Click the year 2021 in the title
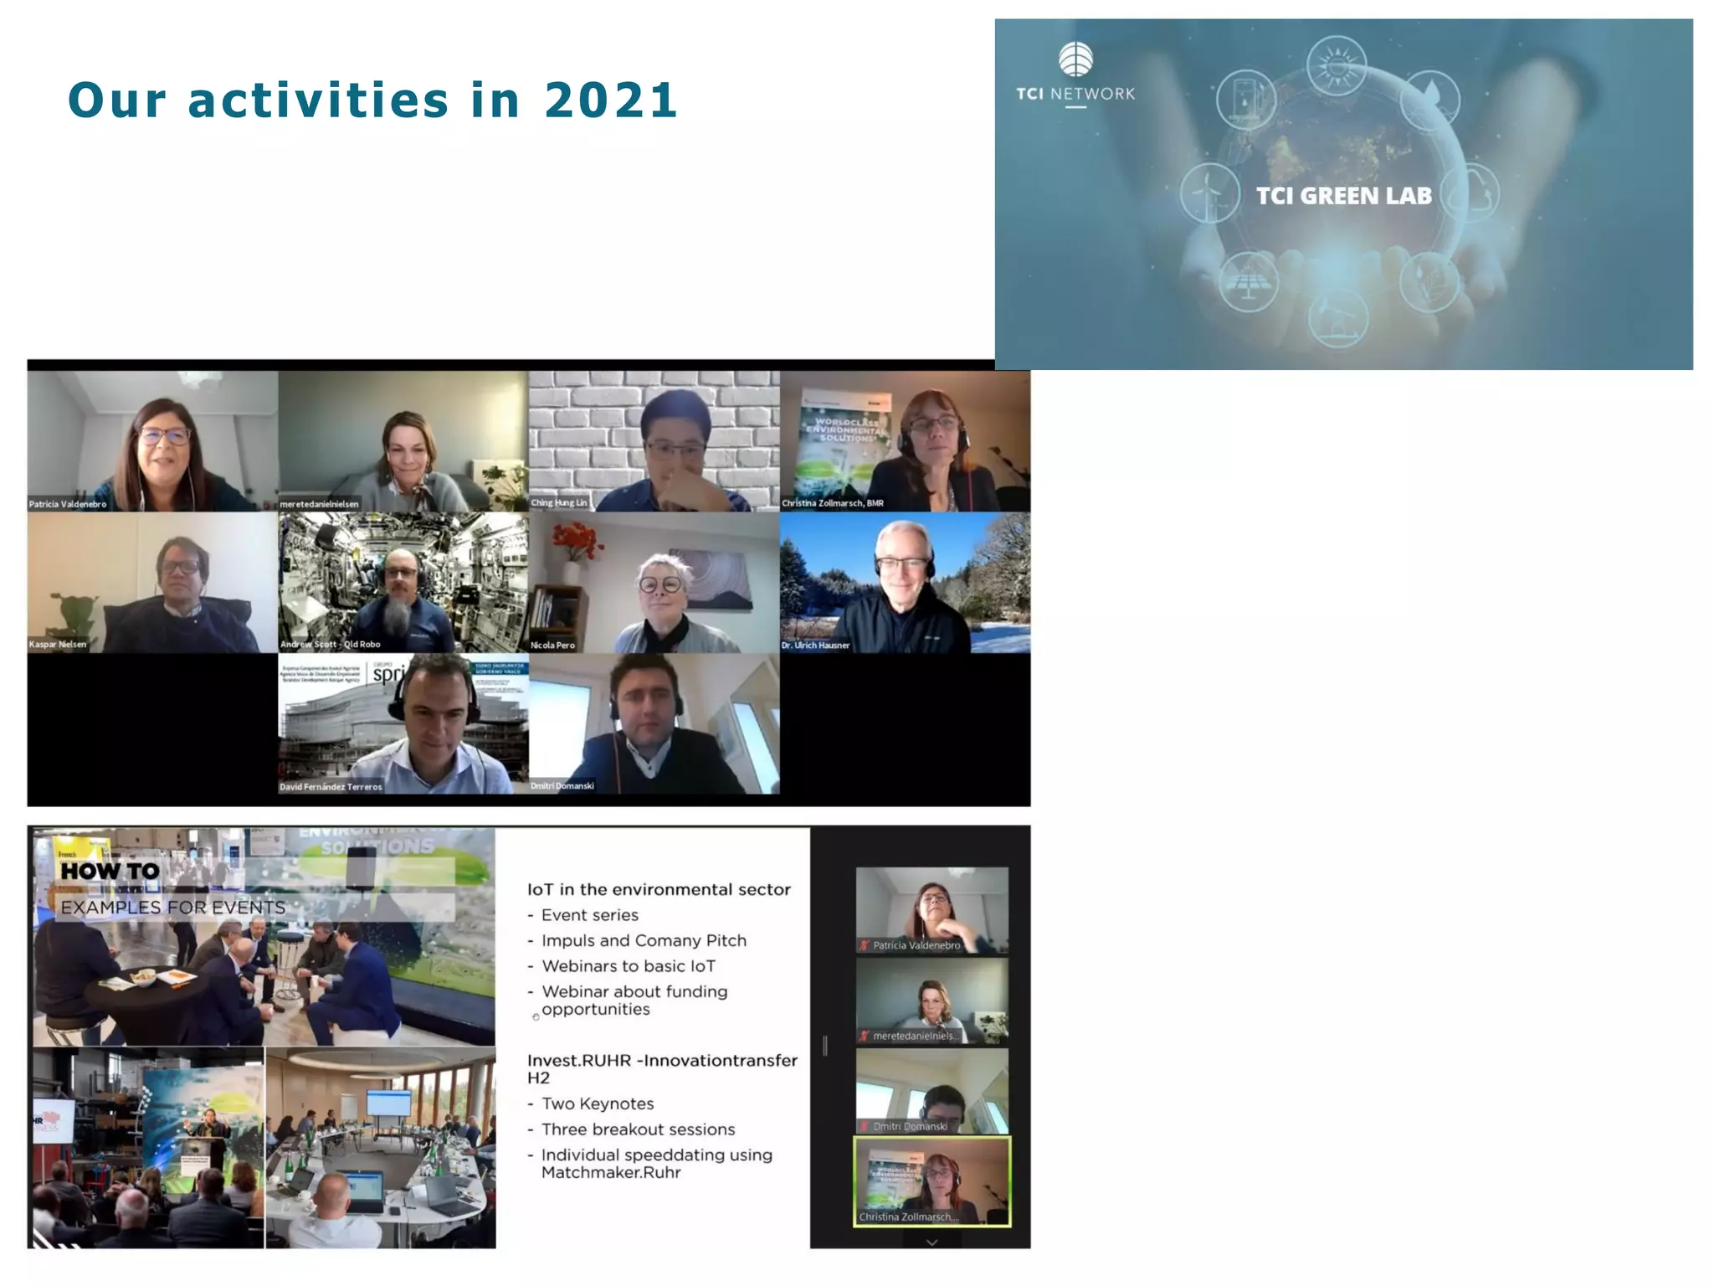point(610,100)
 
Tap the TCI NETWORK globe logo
point(1075,59)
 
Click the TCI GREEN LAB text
point(1343,196)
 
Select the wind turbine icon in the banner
point(1209,193)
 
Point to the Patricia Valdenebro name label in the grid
point(68,504)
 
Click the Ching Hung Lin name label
point(559,502)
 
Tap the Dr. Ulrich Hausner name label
point(816,645)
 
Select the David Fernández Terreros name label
point(331,786)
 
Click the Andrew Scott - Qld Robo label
point(331,644)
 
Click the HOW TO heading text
point(110,871)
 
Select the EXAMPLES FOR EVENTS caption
point(172,908)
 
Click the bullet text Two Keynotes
point(598,1103)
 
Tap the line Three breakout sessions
point(638,1129)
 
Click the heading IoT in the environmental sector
point(659,889)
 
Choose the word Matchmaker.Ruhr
point(611,1172)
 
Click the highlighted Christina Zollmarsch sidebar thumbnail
point(931,1181)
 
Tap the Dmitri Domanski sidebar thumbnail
point(931,1091)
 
